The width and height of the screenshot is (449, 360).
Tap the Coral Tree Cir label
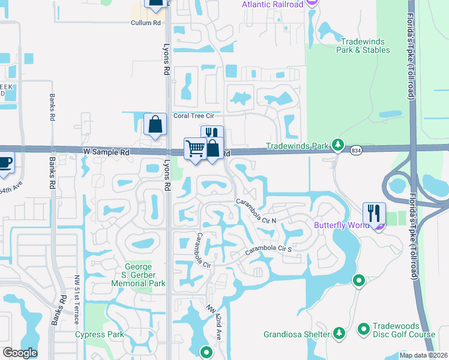(x=193, y=116)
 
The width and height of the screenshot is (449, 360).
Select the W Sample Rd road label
(x=106, y=153)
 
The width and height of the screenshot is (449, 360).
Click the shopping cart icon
(x=195, y=148)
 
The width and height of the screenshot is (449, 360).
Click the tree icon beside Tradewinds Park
(x=339, y=145)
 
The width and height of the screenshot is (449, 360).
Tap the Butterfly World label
(x=340, y=226)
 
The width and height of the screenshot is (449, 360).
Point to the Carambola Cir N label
(x=255, y=211)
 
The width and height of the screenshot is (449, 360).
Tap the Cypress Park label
(x=99, y=334)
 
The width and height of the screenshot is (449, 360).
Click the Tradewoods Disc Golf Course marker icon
(x=363, y=329)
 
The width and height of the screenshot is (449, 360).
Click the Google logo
(x=20, y=353)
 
